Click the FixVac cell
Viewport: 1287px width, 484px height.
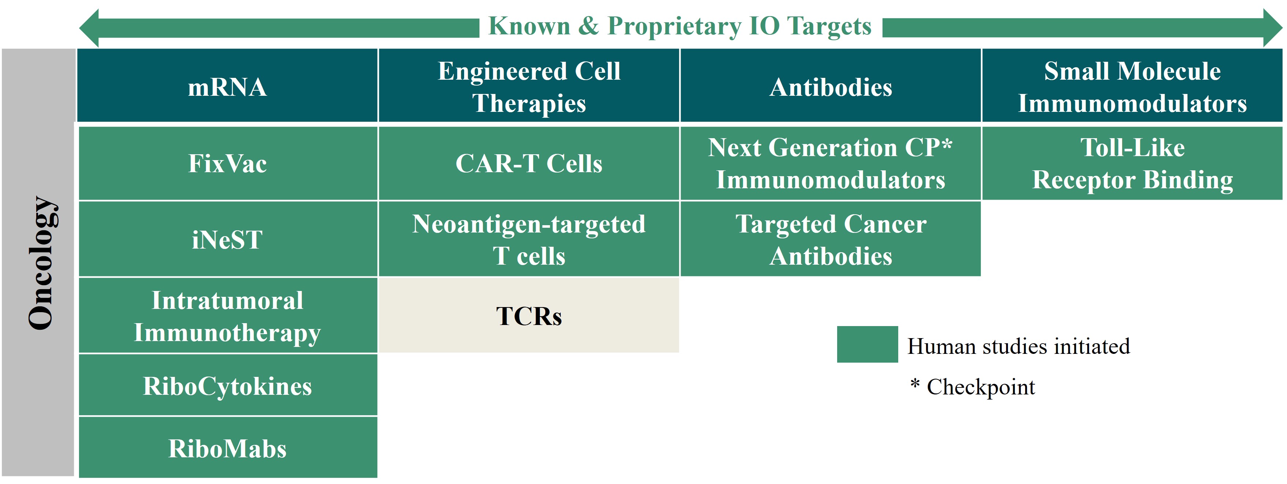point(228,163)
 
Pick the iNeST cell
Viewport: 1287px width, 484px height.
point(228,239)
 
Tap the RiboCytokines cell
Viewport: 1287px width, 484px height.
point(228,385)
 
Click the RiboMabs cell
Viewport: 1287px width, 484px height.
point(228,447)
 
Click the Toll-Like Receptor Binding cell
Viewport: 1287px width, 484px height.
point(1132,163)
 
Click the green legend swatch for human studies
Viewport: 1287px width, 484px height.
point(868,344)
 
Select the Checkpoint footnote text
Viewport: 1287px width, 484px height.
point(972,387)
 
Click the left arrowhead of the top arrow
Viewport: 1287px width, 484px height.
point(89,28)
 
